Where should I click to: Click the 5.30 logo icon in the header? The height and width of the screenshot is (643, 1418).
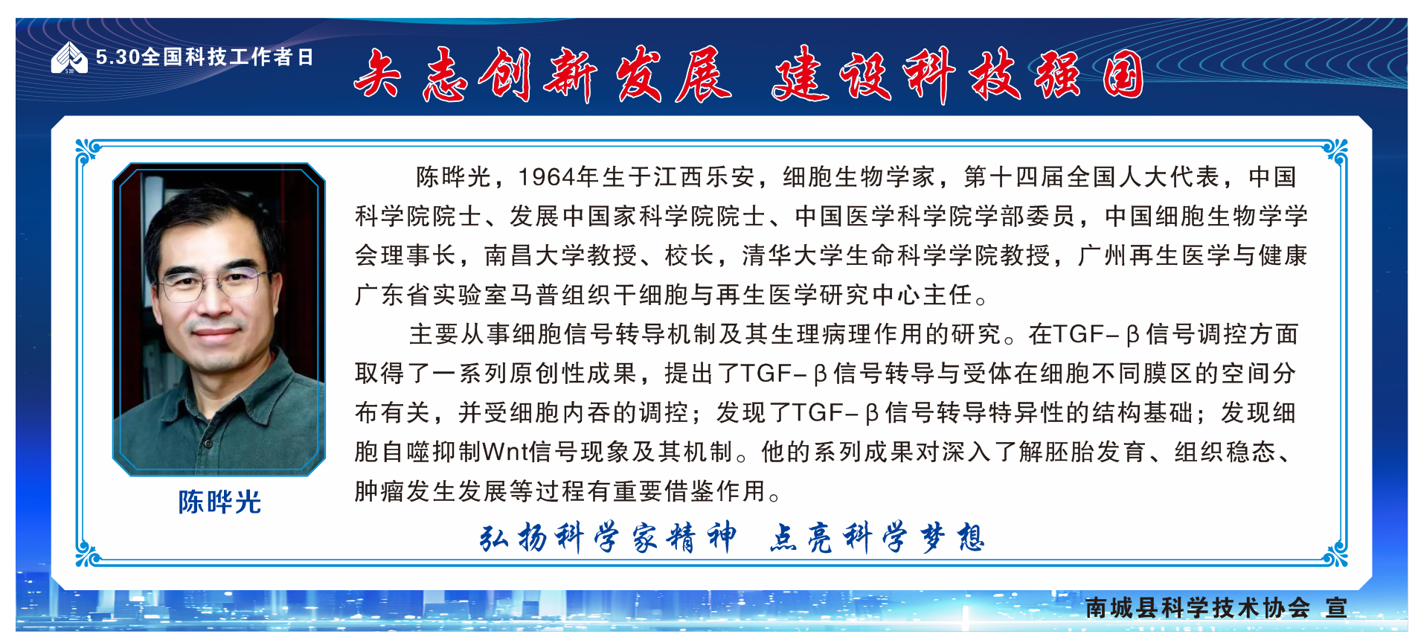(69, 57)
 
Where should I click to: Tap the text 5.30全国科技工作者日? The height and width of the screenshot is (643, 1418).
(205, 57)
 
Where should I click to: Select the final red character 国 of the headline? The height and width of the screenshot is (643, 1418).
(1123, 74)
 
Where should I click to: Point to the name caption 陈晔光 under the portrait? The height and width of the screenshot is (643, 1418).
(219, 502)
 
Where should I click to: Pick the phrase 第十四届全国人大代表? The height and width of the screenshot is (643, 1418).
(1091, 177)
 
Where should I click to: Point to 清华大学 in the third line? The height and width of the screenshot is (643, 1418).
(793, 256)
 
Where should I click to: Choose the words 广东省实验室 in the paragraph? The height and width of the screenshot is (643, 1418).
(432, 295)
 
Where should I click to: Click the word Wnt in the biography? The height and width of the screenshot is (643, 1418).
(506, 452)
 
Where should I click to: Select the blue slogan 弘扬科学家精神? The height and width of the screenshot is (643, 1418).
(609, 537)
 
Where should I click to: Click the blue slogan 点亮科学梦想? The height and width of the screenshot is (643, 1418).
(877, 537)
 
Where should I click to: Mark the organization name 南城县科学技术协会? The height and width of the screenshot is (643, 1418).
(1198, 608)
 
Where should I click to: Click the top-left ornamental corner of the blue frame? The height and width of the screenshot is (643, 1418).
(88, 151)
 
